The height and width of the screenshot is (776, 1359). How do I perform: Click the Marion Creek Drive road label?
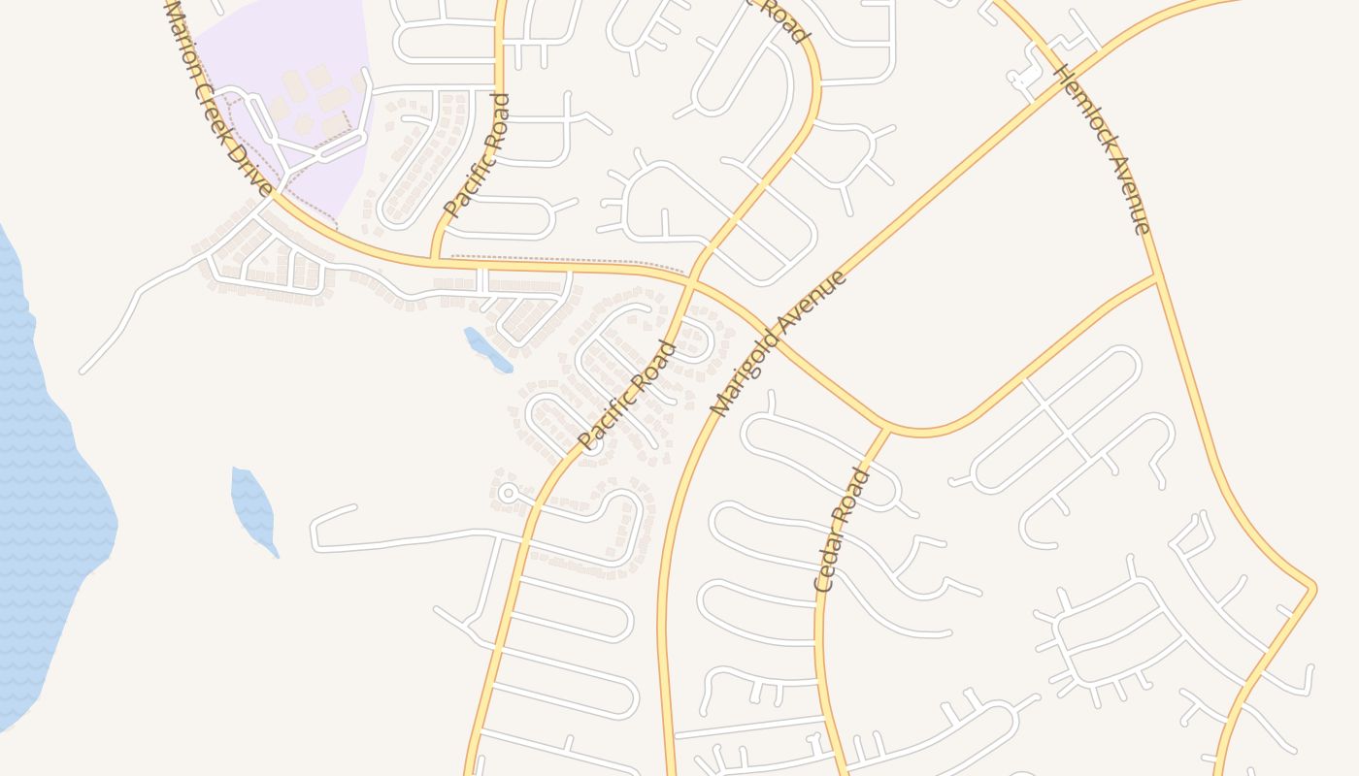(x=218, y=97)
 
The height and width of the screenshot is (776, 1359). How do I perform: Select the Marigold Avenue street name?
(x=779, y=343)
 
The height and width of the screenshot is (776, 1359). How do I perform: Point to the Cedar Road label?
(x=841, y=530)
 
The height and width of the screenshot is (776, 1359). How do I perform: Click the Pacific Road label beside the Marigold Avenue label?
(x=627, y=395)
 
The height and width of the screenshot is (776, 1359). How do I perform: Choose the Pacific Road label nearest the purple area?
(x=477, y=155)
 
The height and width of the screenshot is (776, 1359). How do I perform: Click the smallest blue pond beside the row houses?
(x=487, y=350)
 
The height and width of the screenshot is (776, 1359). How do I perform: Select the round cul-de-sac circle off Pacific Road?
(x=507, y=494)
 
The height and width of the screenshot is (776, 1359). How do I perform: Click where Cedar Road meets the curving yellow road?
(x=886, y=429)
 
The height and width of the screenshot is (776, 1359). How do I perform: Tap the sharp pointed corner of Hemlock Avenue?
(x=1312, y=587)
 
